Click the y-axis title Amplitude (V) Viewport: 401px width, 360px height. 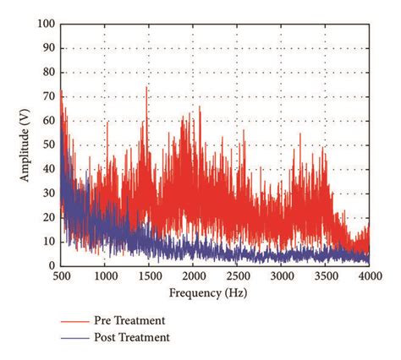coord(26,145)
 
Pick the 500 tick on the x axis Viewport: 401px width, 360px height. coord(60,275)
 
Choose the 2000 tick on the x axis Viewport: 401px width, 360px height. coord(192,275)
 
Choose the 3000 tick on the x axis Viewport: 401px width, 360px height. coord(281,275)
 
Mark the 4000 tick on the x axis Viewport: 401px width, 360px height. coord(369,275)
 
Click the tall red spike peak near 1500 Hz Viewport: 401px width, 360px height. coord(146,87)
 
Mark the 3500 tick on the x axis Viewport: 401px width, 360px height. coord(325,275)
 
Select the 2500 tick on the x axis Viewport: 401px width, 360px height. coord(237,275)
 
